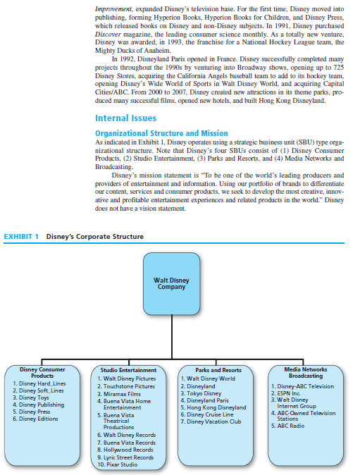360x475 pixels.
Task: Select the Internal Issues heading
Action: (125, 118)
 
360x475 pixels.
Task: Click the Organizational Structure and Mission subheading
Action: (161, 132)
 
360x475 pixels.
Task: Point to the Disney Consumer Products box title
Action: (42, 372)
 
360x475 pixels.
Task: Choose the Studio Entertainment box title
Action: (128, 370)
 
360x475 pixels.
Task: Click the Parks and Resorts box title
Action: (218, 370)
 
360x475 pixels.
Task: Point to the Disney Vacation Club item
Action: (213, 421)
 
